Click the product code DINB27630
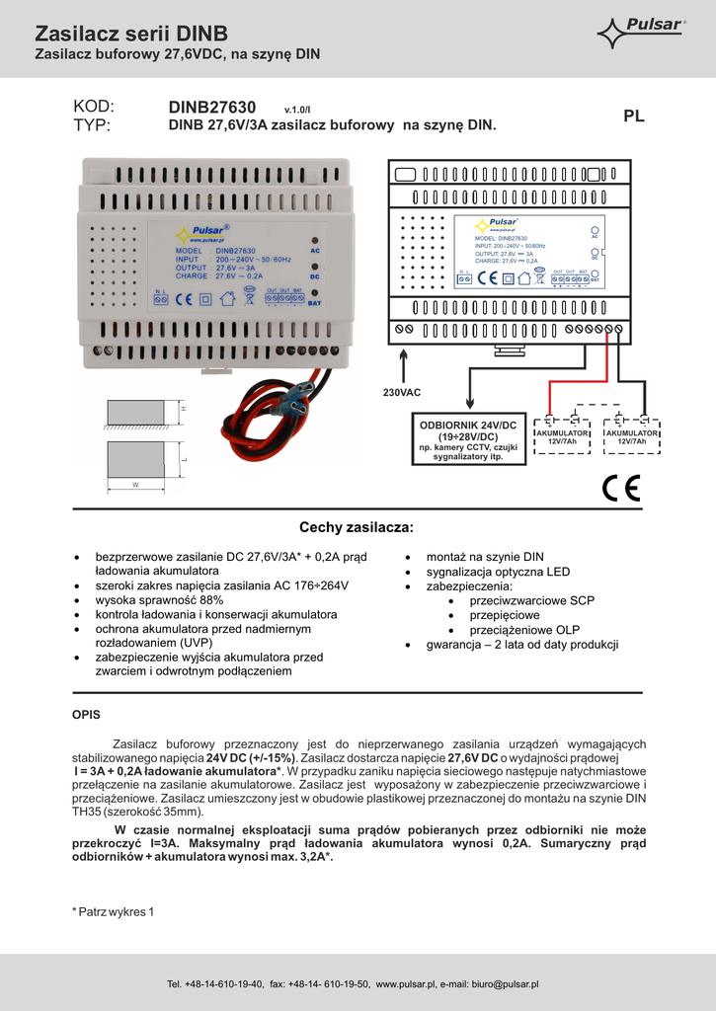(x=212, y=108)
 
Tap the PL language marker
(x=634, y=116)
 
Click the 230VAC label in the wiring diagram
(x=402, y=393)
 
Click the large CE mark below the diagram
(x=619, y=488)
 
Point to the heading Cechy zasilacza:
(x=357, y=527)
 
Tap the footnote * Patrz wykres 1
(x=114, y=911)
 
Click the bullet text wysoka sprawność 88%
(x=159, y=599)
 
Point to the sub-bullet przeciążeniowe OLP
(x=524, y=630)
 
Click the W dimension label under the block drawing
(x=135, y=485)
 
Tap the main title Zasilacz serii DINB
(x=131, y=34)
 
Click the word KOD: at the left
(x=95, y=108)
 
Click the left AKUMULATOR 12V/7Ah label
(x=562, y=436)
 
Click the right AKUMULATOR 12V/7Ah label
(x=632, y=436)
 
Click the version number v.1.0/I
(x=297, y=110)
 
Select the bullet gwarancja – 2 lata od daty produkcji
(x=522, y=645)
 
